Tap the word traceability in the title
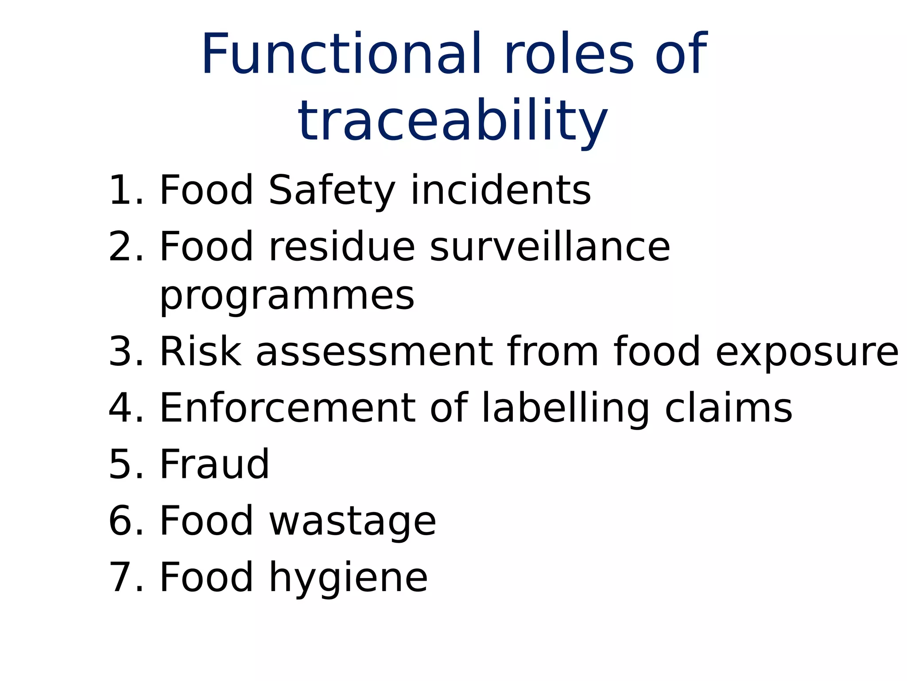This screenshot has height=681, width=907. pos(453,121)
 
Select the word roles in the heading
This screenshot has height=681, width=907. pos(569,54)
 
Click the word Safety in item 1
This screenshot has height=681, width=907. pos(331,191)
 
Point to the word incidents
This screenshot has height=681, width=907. pos(500,191)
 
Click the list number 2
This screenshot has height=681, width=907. pos(126,247)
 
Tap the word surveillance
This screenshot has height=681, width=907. pos(550,247)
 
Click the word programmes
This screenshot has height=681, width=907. pos(287,296)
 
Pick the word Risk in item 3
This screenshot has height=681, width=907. pos(201,352)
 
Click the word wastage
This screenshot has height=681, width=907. pos(353,521)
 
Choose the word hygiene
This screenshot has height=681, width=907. pos(348,577)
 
